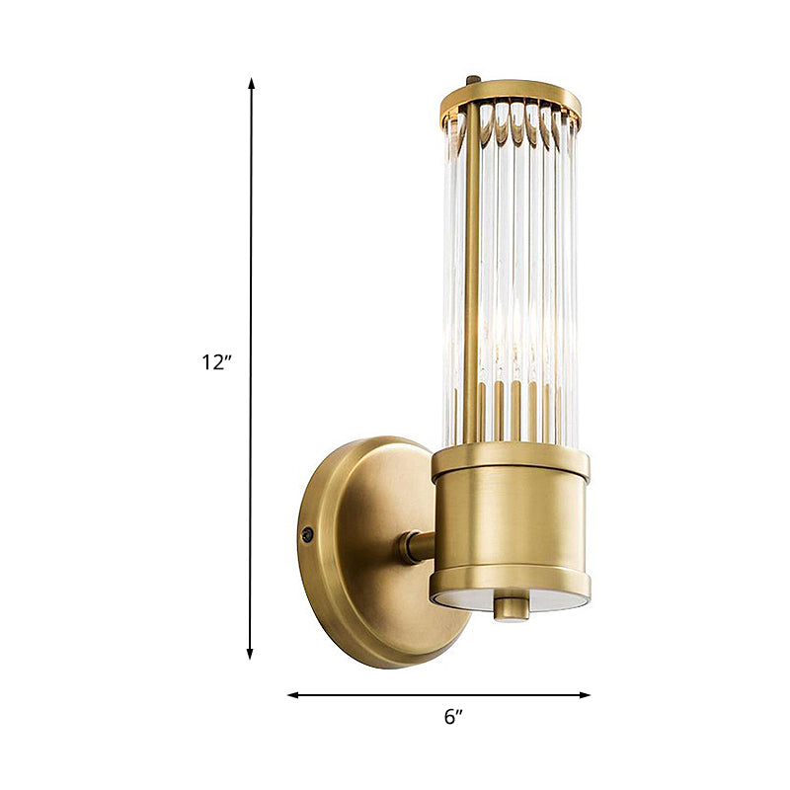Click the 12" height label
point(216,362)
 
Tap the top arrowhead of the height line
point(251,84)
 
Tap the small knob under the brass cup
point(512,607)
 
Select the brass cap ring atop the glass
point(512,94)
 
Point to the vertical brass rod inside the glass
point(473,276)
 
